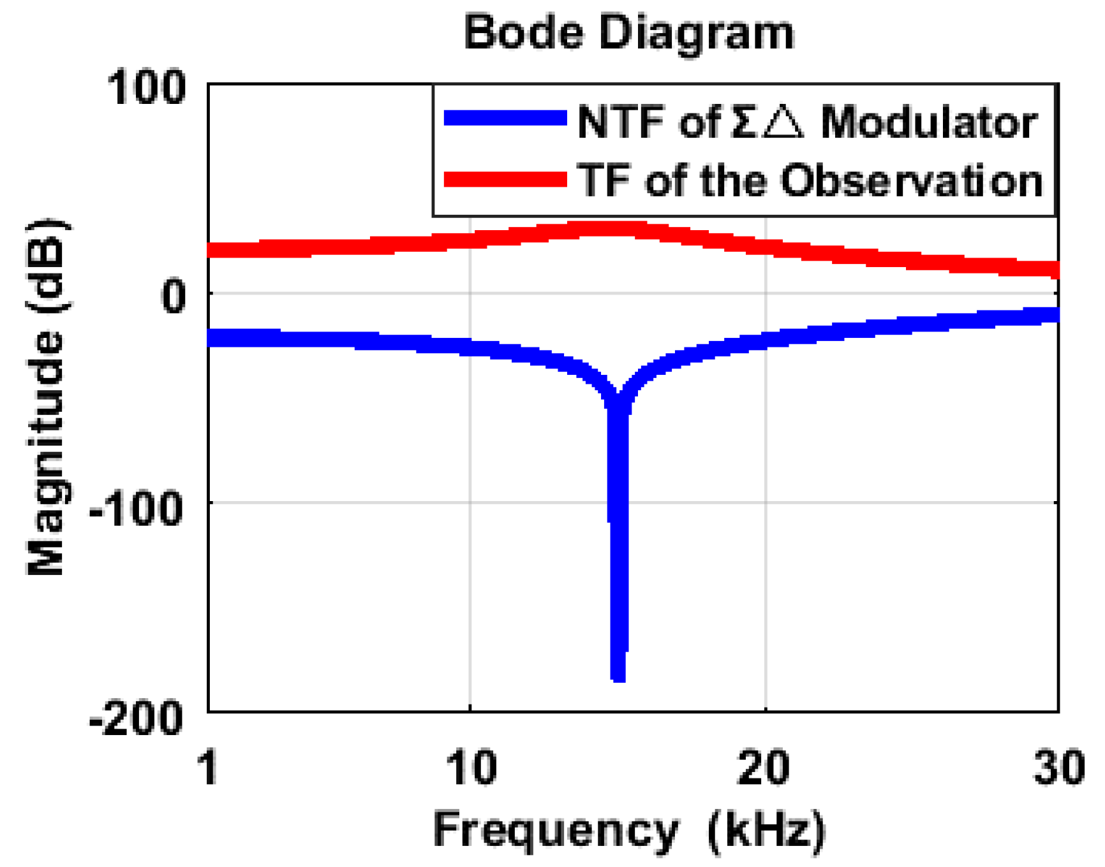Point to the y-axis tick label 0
click(x=173, y=295)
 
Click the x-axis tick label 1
click(x=209, y=767)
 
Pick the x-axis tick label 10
click(x=471, y=767)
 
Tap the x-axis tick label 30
click(x=1058, y=767)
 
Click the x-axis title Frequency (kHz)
click(x=628, y=831)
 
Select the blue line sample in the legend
click(x=505, y=119)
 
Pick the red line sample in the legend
click(x=505, y=179)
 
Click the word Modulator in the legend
click(x=928, y=122)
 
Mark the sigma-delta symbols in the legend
click(x=767, y=122)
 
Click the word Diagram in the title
click(x=697, y=33)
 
